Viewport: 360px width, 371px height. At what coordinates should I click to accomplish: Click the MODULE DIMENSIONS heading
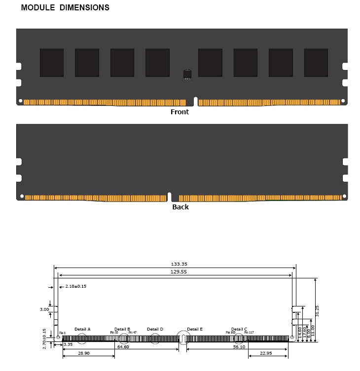tap(65, 8)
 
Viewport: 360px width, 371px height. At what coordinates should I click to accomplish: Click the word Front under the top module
tap(180, 112)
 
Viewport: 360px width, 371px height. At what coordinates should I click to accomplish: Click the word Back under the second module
tap(180, 207)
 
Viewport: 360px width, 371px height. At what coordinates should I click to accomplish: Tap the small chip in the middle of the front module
tap(187, 74)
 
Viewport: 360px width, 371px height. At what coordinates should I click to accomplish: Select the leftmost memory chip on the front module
tap(52, 63)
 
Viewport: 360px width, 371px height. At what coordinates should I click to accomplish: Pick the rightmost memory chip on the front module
tap(316, 63)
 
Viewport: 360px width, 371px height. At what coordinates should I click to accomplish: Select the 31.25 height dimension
tap(317, 310)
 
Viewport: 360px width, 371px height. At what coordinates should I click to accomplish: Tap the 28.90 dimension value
tap(84, 354)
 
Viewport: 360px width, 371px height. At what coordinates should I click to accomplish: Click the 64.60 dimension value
tap(123, 347)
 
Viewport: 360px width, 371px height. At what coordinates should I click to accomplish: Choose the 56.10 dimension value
tap(239, 347)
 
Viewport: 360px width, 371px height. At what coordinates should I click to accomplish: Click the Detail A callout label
tap(82, 329)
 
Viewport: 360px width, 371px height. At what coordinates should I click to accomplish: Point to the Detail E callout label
tap(195, 329)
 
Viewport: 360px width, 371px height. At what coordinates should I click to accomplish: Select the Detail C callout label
tap(239, 329)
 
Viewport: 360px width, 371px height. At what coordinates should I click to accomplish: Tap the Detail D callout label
tap(155, 329)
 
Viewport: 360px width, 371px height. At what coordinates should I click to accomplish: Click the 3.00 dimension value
tap(44, 309)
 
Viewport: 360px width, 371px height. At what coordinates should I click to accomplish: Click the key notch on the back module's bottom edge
tap(169, 197)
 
